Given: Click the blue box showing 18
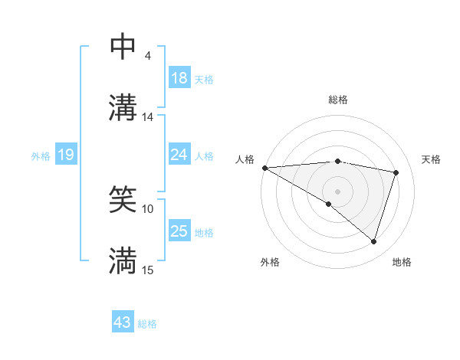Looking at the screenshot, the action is tap(179, 78).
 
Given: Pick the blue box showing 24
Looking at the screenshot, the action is tap(179, 155).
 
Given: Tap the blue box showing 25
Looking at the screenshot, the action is tap(179, 231).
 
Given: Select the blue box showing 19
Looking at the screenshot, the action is tap(65, 155).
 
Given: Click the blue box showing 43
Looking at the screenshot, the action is tap(123, 322).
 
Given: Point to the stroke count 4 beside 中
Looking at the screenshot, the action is tap(148, 56).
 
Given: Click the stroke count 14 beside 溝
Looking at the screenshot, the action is tap(148, 117).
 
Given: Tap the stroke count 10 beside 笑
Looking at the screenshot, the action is tap(148, 208).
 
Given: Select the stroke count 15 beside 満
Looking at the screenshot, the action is tap(148, 270).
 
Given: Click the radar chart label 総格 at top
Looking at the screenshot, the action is tap(337, 100).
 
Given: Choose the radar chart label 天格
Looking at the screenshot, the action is tap(431, 159).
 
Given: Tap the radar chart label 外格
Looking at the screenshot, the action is tap(270, 262).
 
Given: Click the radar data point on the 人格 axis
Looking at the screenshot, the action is tap(264, 168).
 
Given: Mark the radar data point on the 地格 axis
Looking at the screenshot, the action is tap(373, 241).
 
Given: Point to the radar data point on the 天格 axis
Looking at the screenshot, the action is tap(396, 172).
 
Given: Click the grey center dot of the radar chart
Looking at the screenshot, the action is tap(337, 191).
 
